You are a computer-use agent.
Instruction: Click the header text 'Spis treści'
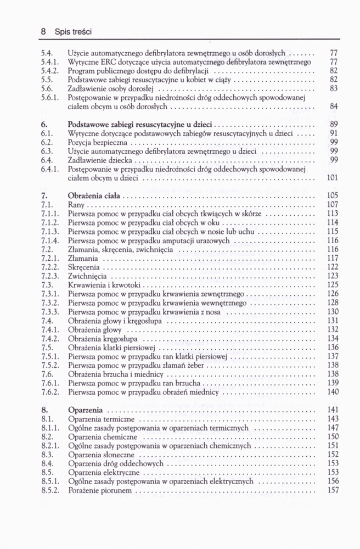click(x=72, y=32)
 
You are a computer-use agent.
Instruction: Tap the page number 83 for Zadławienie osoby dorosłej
click(x=333, y=88)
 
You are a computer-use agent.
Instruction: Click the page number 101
click(x=331, y=177)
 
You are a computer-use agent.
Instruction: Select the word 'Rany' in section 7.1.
click(x=76, y=204)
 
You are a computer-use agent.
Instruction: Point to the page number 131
click(x=332, y=321)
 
